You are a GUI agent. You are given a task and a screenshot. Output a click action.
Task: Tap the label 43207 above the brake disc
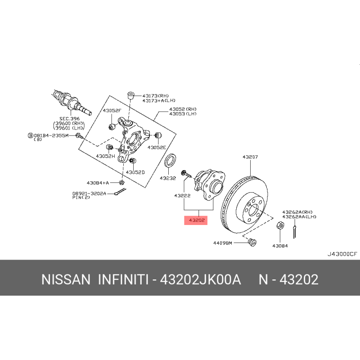[250, 157]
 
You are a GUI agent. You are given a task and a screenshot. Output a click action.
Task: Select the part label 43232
[167, 178]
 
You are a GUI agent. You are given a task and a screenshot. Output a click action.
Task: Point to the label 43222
[183, 196]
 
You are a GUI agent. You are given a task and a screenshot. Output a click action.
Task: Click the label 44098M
[222, 243]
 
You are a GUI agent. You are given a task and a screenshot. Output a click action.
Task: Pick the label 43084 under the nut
[279, 246]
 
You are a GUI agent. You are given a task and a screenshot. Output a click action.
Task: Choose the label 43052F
[111, 111]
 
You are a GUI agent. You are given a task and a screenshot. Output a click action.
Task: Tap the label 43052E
[157, 147]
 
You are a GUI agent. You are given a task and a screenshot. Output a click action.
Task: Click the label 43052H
[105, 156]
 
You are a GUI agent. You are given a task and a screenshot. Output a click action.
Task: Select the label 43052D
[135, 172]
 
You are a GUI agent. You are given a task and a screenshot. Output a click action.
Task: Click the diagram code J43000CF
[342, 253]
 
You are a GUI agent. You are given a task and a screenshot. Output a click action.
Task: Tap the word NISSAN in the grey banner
[66, 279]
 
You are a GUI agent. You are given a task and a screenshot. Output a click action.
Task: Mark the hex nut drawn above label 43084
[279, 225]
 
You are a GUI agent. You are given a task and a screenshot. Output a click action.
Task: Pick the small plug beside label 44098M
[252, 243]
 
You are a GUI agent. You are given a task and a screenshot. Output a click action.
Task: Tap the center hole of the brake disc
[253, 210]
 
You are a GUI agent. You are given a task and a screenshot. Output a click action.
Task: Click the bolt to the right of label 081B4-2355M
[78, 135]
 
